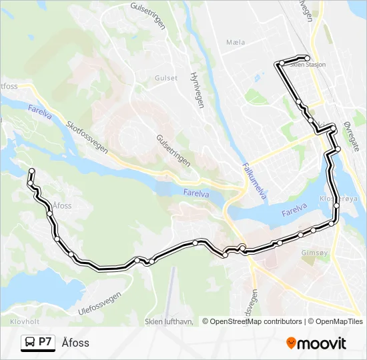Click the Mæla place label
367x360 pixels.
pyautogui.click(x=236, y=42)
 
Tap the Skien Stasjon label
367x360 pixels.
pyautogui.click(x=309, y=65)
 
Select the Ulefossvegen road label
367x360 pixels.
pyautogui.click(x=100, y=303)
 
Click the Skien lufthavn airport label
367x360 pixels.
pyautogui.click(x=169, y=321)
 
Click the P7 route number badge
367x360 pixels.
pyautogui.click(x=45, y=342)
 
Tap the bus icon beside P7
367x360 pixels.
pyautogui.click(x=30, y=343)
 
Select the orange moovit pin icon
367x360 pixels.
pyautogui.click(x=291, y=343)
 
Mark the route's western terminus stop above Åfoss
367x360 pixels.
pyautogui.click(x=31, y=172)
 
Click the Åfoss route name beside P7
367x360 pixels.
pyautogui.click(x=75, y=343)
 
